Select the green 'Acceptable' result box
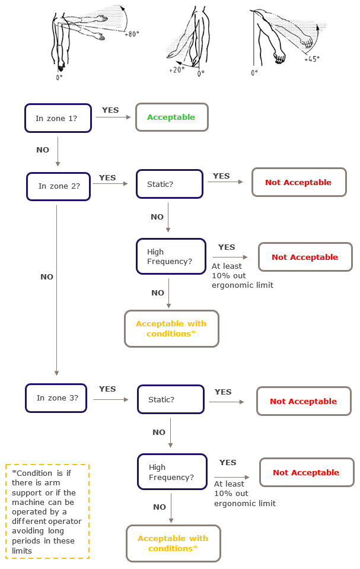172,117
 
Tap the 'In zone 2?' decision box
59,186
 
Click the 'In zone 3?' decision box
56,398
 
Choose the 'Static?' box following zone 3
171,399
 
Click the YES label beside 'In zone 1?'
110,110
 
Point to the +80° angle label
132,34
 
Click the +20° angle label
176,69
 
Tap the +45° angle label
312,59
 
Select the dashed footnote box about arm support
47,511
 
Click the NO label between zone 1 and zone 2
43,150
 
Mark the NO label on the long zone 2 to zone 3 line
47,277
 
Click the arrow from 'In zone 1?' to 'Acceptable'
113,117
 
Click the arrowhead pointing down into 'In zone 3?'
57,373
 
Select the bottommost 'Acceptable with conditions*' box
173,543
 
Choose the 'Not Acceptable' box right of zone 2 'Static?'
298,182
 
